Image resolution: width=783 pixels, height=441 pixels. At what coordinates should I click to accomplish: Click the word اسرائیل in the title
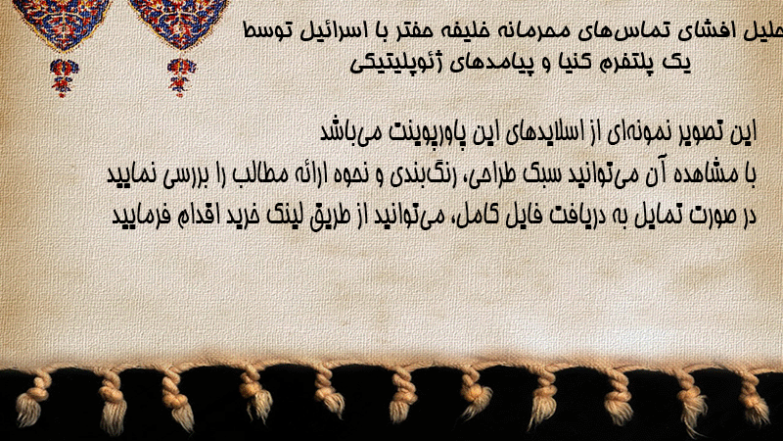pos(333,31)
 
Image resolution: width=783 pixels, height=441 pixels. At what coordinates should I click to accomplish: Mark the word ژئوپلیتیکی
pos(399,64)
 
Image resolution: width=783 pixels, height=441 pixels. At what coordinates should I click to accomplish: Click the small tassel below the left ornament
pos(64,77)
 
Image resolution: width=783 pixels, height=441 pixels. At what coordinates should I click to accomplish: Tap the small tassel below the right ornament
pos(181,77)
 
